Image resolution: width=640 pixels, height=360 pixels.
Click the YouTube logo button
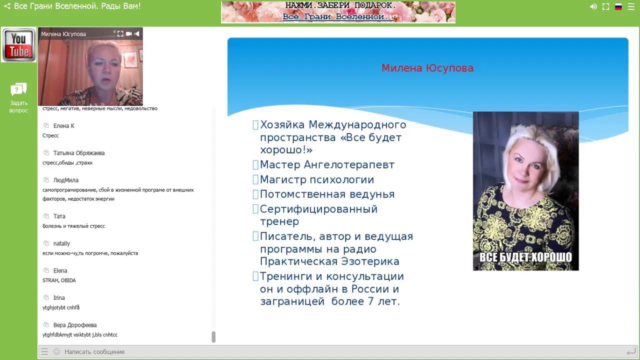[18, 45]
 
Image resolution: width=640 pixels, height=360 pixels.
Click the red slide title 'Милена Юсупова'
[427, 68]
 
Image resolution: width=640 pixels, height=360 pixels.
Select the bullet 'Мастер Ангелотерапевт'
[327, 165]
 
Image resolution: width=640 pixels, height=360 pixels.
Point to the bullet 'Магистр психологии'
[316, 180]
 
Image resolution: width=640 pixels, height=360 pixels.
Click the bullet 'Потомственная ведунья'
[327, 194]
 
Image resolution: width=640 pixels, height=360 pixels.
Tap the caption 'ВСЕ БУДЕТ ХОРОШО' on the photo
[525, 257]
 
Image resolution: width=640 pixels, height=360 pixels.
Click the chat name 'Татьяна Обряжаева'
[78, 153]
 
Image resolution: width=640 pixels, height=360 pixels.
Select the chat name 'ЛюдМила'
[65, 180]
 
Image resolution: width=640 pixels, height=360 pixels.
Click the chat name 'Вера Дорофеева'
[74, 325]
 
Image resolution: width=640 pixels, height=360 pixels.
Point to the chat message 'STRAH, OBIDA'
[59, 280]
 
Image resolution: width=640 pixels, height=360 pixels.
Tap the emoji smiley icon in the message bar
[56, 352]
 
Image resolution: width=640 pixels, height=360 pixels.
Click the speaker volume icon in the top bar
[593, 7]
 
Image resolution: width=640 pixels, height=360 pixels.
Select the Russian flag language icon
[618, 7]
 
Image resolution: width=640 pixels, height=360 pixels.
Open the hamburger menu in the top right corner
[631, 7]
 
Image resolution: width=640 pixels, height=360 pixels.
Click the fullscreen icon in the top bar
[605, 7]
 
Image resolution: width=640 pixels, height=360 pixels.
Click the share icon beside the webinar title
[7, 6]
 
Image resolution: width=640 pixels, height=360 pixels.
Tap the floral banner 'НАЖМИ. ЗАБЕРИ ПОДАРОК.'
[338, 12]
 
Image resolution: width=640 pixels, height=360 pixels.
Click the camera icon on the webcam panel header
[128, 34]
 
